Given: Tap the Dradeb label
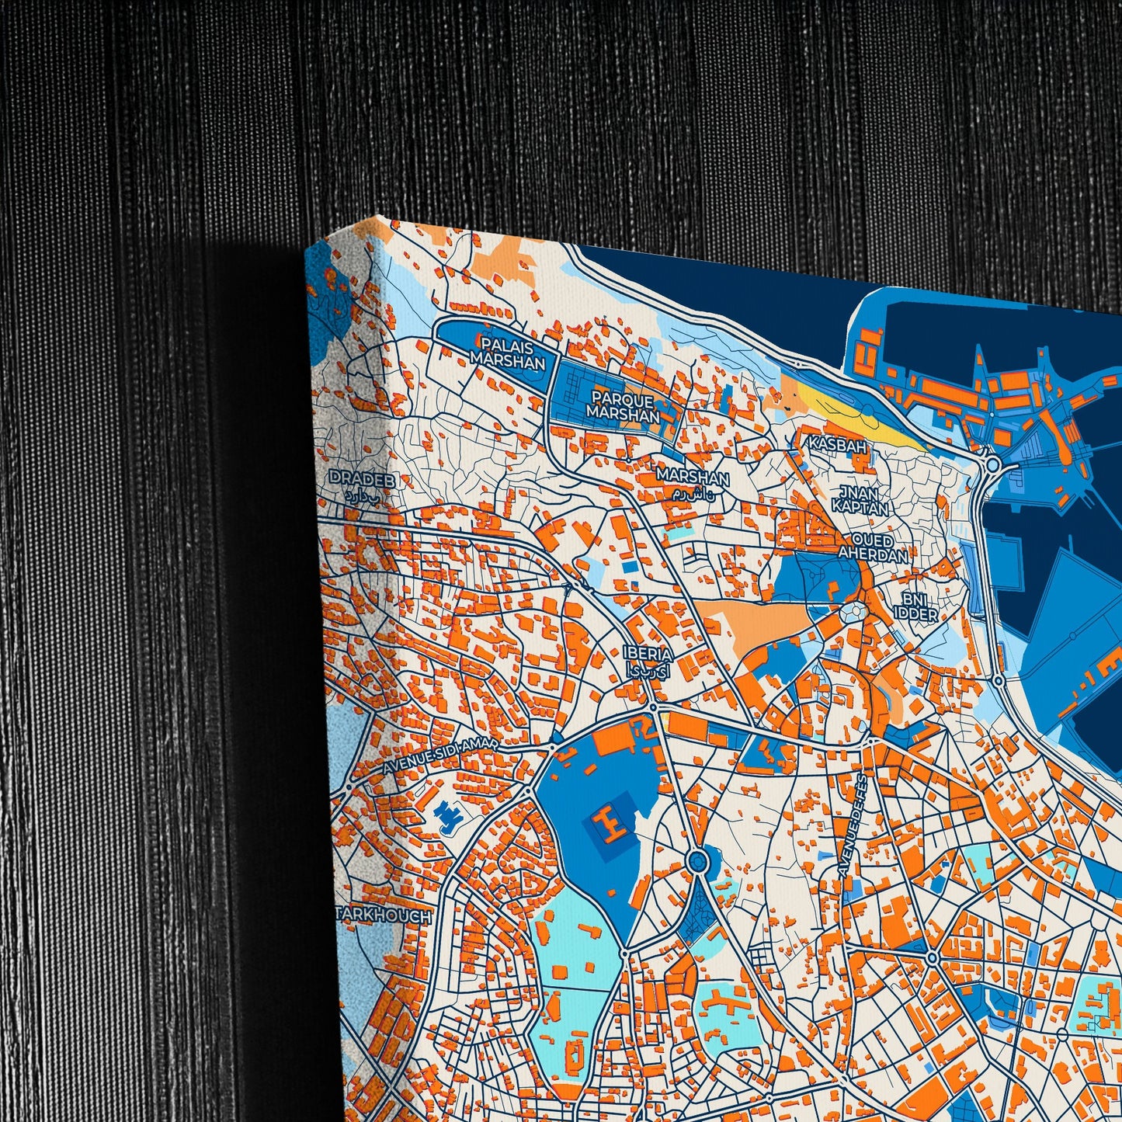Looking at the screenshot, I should pos(362,480).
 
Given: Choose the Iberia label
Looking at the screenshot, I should pos(647,654).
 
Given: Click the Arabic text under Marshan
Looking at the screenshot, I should pos(692,495).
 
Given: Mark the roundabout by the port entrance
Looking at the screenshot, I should pos(993,465).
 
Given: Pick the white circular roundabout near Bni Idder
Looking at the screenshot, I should pos(853,611).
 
